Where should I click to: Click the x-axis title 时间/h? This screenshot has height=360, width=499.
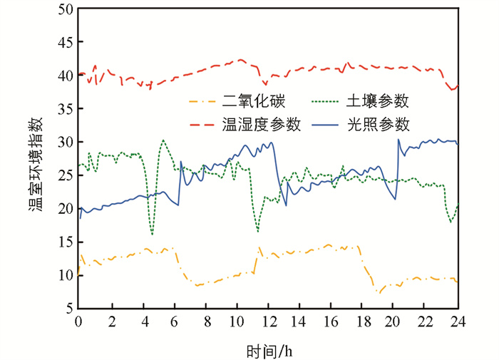tap(267, 349)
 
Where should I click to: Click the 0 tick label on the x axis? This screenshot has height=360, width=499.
tap(78, 322)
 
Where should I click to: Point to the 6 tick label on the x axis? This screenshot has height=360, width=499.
tap(173, 322)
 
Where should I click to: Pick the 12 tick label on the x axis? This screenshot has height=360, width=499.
tap(268, 322)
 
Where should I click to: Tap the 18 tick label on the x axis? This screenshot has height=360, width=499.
tap(363, 322)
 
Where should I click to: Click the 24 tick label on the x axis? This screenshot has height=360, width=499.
tap(457, 322)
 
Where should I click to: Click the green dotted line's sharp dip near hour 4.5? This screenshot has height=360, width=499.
tap(152, 234)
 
